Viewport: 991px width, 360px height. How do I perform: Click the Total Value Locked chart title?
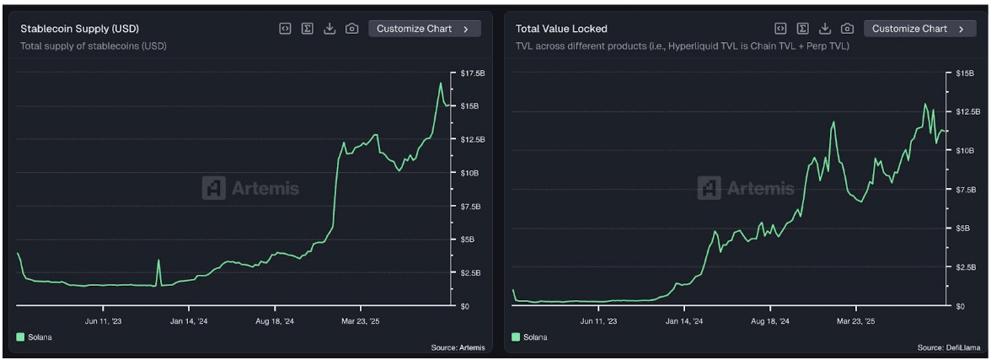coord(561,29)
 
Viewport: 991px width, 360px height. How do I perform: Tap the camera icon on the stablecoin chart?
coord(352,29)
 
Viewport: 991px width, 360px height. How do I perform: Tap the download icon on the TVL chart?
coord(826,29)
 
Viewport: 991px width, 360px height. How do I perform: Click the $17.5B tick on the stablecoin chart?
coord(472,74)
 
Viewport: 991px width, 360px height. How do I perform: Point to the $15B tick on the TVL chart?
coord(964,74)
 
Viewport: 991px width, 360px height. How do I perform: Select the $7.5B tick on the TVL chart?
coord(965,190)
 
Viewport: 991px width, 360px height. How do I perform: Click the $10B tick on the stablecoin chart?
coord(469,173)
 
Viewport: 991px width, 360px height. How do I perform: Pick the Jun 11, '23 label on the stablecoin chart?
coord(104,321)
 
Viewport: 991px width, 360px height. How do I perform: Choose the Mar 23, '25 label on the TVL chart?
coord(854,321)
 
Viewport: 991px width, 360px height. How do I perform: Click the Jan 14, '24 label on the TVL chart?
coord(684,321)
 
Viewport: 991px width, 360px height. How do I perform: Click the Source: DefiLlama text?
coord(949,347)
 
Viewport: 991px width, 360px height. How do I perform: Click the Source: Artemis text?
coord(457,347)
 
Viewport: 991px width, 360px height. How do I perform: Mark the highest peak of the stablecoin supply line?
coord(440,83)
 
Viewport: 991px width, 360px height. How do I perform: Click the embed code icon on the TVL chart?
coord(780,29)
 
